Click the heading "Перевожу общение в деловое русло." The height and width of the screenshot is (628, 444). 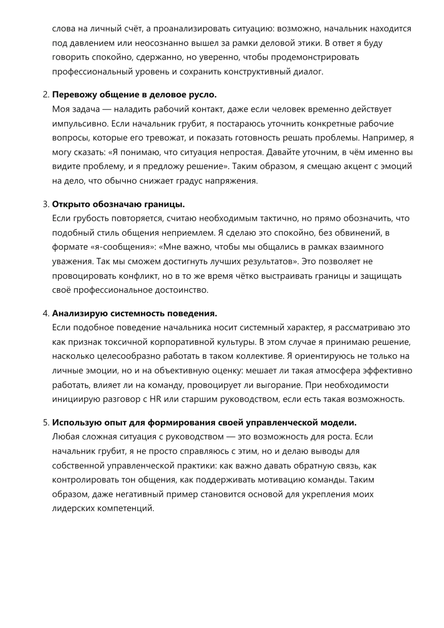[x=134, y=95]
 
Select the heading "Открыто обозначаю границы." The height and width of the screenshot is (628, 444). [x=118, y=204]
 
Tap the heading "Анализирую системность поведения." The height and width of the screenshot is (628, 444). [x=134, y=313]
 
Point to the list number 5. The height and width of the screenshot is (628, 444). [x=46, y=423]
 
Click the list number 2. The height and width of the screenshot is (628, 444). [x=46, y=95]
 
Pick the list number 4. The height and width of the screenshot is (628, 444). [x=46, y=313]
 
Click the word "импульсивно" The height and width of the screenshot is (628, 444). [x=79, y=124]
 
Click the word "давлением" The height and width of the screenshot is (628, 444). [x=88, y=43]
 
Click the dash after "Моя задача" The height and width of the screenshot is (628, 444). [x=107, y=109]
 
